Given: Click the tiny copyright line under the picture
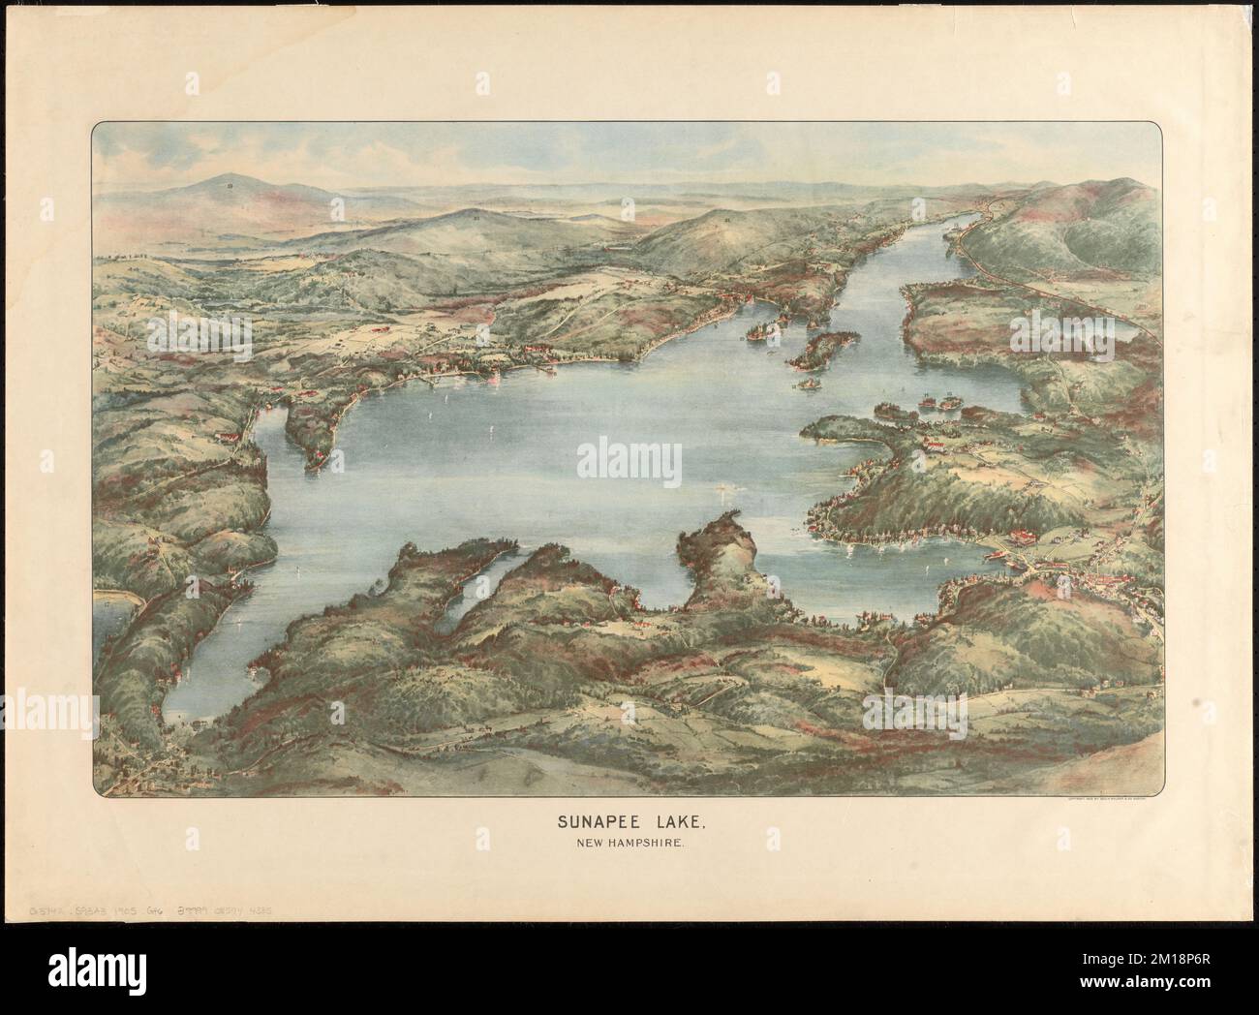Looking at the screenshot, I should coord(1104,799).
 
